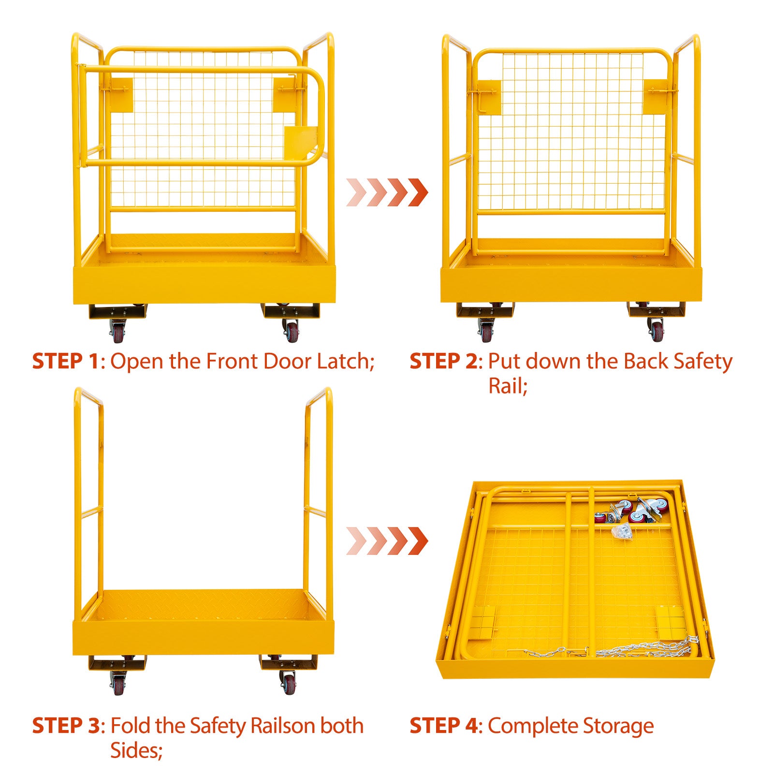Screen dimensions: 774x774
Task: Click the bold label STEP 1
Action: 66,361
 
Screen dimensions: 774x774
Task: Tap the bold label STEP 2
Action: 443,361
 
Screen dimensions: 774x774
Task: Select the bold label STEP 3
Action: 66,726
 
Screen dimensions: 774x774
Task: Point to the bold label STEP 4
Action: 443,726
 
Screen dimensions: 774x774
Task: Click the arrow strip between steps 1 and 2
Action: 387,192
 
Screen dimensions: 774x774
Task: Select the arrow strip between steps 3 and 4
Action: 387,540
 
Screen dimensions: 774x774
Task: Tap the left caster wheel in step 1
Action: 118,330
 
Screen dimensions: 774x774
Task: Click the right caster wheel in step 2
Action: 656,330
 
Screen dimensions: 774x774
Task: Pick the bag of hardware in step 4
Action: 622,531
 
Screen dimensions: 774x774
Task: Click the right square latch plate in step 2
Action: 657,97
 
